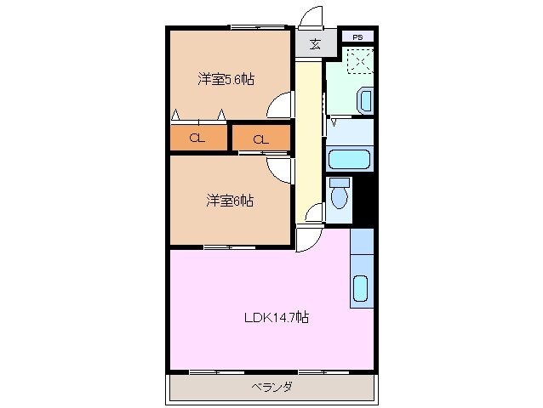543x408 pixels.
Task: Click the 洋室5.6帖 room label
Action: [226, 80]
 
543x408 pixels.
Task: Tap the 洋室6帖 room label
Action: [229, 201]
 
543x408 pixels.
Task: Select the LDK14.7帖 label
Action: [277, 318]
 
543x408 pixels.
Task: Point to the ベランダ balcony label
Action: [271, 388]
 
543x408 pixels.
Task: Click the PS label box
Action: [357, 37]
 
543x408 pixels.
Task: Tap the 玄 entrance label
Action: [315, 44]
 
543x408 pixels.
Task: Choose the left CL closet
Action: [197, 139]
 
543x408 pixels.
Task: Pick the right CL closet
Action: [261, 139]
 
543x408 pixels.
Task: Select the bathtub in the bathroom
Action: [348, 159]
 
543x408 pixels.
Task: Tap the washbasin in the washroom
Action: [365, 100]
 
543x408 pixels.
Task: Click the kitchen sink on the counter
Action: [360, 290]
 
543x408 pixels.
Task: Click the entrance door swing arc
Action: [312, 16]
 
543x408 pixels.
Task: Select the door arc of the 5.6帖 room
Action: [279, 106]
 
